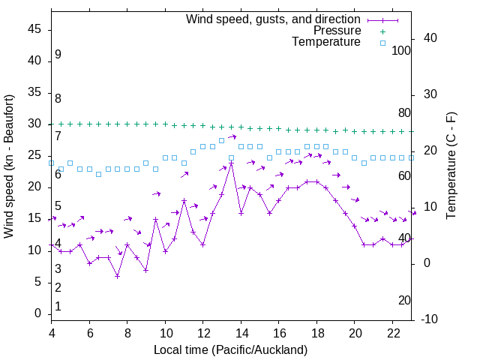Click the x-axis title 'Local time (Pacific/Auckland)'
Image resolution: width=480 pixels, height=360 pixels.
click(x=230, y=349)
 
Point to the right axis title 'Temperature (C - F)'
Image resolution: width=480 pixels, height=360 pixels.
click(x=451, y=166)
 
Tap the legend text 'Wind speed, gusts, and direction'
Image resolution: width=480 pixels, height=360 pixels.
click(x=273, y=19)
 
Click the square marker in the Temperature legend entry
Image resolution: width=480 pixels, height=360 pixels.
click(x=382, y=43)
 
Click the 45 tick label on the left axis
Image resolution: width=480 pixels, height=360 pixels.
click(x=35, y=29)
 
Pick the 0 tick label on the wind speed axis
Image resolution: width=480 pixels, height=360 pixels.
click(x=38, y=313)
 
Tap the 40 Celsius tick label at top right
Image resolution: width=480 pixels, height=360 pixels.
click(x=430, y=38)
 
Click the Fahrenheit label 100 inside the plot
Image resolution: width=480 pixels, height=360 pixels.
click(x=402, y=50)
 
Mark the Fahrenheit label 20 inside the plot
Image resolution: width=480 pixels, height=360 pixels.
click(x=405, y=300)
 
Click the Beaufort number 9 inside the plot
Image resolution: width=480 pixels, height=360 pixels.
click(x=58, y=55)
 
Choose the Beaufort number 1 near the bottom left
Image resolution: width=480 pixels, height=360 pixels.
click(x=58, y=306)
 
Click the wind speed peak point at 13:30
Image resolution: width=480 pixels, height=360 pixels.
click(x=231, y=163)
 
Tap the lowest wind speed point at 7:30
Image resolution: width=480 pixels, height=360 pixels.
click(x=118, y=276)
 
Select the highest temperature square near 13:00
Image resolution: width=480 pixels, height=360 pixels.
click(x=222, y=140)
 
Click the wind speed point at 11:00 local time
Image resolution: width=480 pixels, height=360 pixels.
click(x=184, y=200)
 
